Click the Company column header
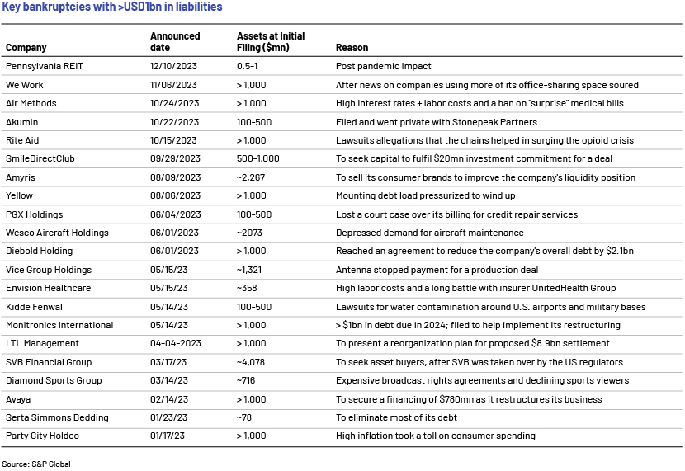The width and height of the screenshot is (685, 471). pos(26,48)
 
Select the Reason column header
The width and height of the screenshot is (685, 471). pos(352,48)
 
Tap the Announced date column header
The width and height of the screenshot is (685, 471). pos(175,41)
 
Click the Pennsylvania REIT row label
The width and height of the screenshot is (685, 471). pos(44,66)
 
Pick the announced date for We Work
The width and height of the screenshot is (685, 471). pos(173,85)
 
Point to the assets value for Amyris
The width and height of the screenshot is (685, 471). pos(251,177)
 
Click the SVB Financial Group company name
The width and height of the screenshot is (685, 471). pos(49,362)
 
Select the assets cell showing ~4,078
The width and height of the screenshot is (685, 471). pos(251,362)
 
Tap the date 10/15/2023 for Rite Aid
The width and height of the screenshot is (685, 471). pos(173,140)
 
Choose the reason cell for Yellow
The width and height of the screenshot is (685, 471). pos(426,195)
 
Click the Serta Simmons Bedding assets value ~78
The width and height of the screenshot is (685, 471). pos(244,417)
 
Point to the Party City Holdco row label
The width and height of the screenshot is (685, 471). pos(42,436)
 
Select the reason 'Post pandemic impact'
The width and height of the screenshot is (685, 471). pos(383,66)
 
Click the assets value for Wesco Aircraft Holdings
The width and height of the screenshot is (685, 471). pos(249,233)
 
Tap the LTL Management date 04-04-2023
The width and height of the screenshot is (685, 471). pos(176,343)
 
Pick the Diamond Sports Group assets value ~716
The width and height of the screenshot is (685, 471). pos(246,380)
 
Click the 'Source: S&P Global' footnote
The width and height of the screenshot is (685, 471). pos(36,464)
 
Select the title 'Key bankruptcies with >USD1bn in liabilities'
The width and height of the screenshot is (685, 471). pos(112,7)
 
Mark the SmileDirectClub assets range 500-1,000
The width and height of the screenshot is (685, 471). pos(257,159)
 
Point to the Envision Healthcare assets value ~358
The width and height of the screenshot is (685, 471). pos(247,288)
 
